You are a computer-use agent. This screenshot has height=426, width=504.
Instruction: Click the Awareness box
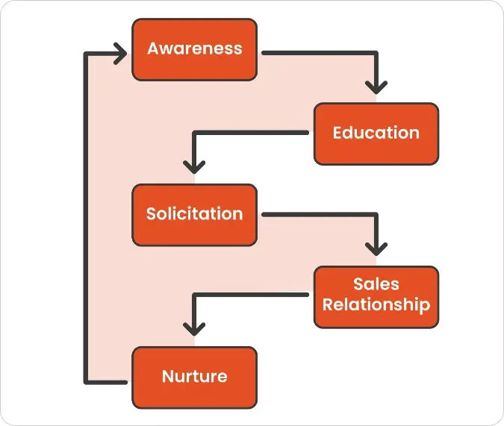(x=194, y=49)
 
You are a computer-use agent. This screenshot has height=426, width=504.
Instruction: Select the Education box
(x=376, y=133)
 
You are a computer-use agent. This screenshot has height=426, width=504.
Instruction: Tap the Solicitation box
(x=194, y=214)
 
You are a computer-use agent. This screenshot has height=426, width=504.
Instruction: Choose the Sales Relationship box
(x=376, y=295)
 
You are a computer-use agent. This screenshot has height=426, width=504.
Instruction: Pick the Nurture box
(x=194, y=377)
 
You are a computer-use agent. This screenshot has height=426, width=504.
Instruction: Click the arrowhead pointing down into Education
(x=376, y=87)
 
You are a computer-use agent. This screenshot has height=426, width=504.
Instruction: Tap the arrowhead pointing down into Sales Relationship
(x=376, y=248)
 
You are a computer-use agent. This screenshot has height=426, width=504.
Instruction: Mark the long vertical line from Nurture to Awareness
(x=87, y=216)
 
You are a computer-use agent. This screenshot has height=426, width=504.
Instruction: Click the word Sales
(x=376, y=284)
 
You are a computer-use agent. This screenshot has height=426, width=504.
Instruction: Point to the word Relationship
(x=376, y=304)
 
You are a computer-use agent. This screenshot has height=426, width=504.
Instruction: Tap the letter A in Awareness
(x=154, y=49)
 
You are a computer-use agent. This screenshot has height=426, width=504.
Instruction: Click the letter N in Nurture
(x=168, y=375)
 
